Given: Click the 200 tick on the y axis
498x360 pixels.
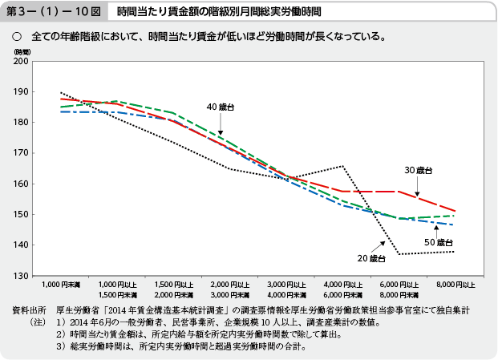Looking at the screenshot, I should pyautogui.click(x=21, y=61).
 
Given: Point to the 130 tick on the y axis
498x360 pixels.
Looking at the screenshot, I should pyautogui.click(x=21, y=276).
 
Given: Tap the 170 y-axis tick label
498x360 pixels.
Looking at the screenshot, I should pyautogui.click(x=21, y=153).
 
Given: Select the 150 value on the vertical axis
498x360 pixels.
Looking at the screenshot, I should pyautogui.click(x=21, y=215).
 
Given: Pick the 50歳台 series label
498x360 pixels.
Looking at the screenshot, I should pyautogui.click(x=438, y=242).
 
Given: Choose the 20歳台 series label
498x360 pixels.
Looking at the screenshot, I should pyautogui.click(x=372, y=258).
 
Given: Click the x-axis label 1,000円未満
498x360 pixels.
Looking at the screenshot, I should pyautogui.click(x=62, y=285).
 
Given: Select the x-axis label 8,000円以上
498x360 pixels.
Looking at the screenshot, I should pyautogui.click(x=456, y=285).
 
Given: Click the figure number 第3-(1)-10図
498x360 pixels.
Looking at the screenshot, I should pyautogui.click(x=52, y=13).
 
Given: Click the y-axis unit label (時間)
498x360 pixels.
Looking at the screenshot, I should pyautogui.click(x=21, y=51).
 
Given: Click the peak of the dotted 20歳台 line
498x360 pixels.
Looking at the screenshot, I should pyautogui.click(x=342, y=166).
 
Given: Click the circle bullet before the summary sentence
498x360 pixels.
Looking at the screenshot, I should pyautogui.click(x=16, y=37).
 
